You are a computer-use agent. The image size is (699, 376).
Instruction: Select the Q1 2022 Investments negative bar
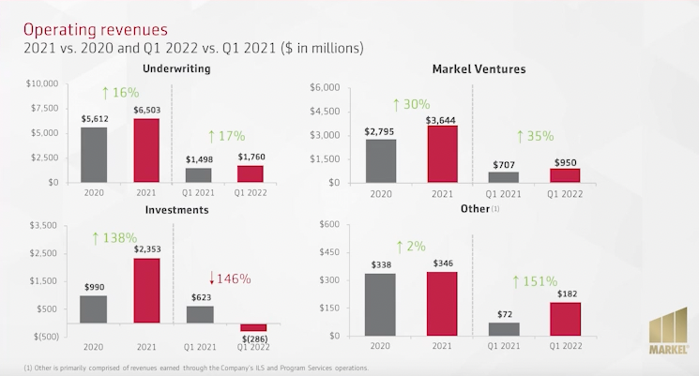[x=253, y=327]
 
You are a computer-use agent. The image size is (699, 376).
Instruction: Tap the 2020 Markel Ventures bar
[x=381, y=159]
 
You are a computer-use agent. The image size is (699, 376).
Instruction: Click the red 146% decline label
[x=232, y=278]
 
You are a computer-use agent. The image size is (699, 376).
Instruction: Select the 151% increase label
[x=535, y=281]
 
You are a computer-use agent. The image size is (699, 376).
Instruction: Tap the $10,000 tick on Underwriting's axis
[x=39, y=83]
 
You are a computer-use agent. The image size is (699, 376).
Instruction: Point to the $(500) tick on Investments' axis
[x=41, y=336]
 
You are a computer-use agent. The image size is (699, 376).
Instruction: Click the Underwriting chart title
[x=175, y=69]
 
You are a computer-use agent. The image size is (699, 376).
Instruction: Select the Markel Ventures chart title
[x=479, y=69]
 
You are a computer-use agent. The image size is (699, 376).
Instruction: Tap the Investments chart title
[x=176, y=210]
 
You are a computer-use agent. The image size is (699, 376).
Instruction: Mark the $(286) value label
[x=253, y=338]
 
